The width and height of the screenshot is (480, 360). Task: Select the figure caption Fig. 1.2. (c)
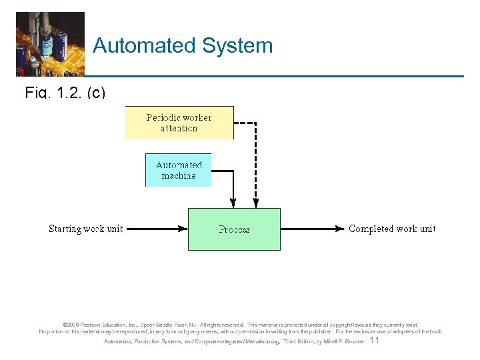65,93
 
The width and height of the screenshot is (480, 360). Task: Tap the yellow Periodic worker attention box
179,123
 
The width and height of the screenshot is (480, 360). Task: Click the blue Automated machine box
179,170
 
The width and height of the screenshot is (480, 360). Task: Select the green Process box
234,229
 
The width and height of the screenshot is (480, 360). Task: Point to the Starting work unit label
85,229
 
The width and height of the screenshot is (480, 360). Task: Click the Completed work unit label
392,229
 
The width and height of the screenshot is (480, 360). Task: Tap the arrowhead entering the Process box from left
183,229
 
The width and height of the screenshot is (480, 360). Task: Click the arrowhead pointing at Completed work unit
341,229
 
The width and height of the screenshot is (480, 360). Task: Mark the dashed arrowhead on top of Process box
256,203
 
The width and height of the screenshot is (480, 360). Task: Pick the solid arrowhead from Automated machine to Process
232,203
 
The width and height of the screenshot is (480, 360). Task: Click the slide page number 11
374,341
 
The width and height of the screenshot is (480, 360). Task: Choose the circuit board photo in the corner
50,43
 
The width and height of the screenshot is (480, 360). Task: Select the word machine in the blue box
179,175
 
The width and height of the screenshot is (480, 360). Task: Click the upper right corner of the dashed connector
256,123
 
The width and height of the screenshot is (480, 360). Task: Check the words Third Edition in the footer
299,341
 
